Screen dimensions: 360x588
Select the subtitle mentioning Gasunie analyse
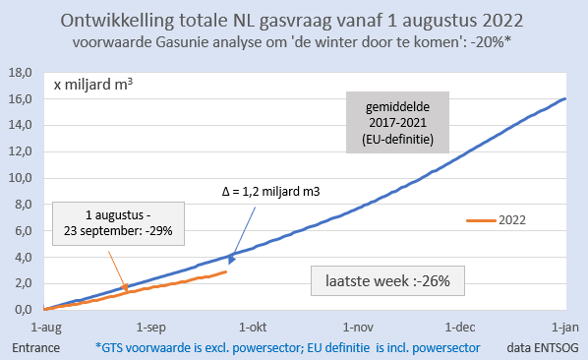point(293,42)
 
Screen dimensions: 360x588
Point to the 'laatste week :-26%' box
point(388,280)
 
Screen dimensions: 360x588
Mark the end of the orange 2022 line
point(227,271)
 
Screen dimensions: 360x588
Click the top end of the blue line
point(564,98)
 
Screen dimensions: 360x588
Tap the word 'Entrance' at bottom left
point(35,347)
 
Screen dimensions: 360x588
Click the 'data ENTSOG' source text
point(538,347)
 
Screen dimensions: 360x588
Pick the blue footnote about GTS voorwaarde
point(287,347)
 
